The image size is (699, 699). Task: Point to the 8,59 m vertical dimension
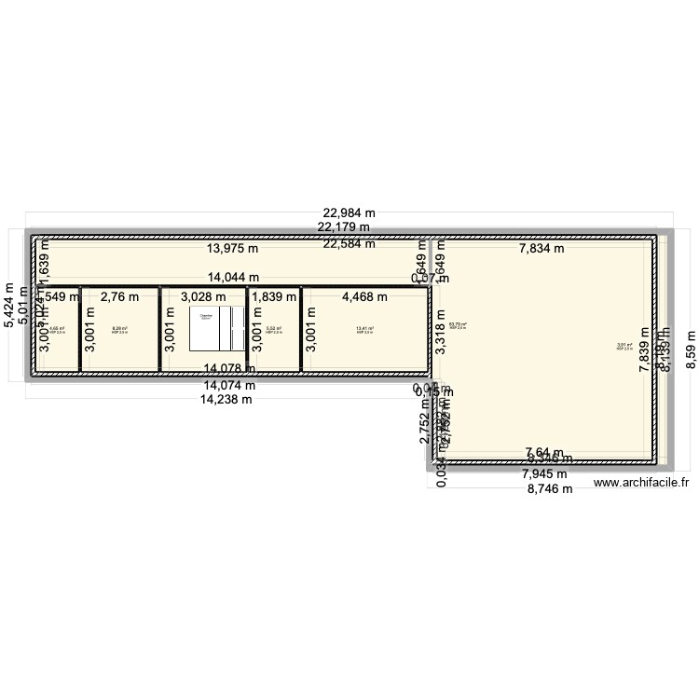[690, 349]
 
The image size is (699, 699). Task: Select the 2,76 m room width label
[118, 297]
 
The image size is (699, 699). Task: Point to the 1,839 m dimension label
[274, 297]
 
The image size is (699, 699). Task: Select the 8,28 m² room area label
[119, 329]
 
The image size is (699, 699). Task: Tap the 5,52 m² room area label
[273, 329]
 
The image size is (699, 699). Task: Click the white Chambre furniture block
[205, 327]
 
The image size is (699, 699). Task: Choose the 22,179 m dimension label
[343, 226]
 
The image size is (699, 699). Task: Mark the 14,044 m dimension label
[233, 277]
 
